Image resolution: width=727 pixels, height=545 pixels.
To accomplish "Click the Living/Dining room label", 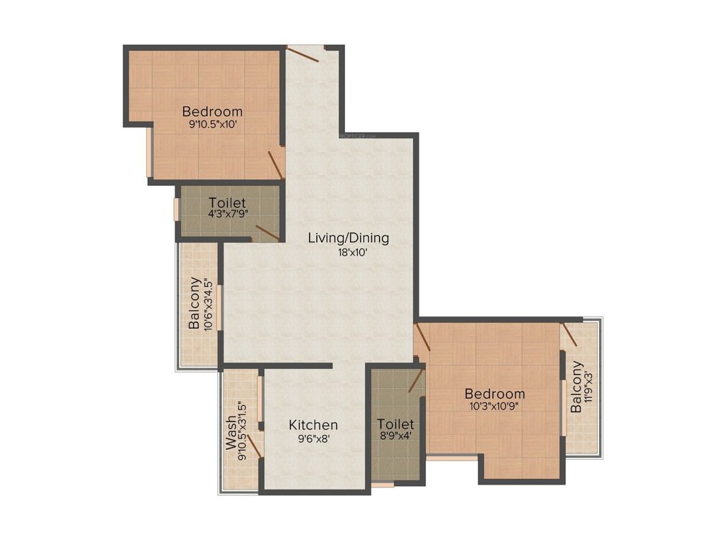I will click(x=348, y=238).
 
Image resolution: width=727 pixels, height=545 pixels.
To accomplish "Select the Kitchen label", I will click(x=313, y=425).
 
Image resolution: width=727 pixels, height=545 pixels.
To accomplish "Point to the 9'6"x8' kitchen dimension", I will click(x=313, y=439).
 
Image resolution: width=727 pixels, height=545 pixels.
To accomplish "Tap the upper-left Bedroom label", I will click(x=212, y=111).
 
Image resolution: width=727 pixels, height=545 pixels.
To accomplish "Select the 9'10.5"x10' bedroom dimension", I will click(x=212, y=124).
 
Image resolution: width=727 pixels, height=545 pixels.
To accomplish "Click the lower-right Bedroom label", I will click(x=495, y=394).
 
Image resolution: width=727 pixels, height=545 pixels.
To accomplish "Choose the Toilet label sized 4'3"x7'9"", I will click(x=227, y=202).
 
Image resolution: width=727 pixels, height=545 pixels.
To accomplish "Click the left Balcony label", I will click(x=194, y=303).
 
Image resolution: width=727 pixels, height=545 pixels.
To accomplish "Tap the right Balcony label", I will click(x=576, y=387).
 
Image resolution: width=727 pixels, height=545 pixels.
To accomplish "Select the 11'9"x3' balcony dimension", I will click(x=588, y=387).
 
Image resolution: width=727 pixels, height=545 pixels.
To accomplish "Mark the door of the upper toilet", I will click(x=267, y=232).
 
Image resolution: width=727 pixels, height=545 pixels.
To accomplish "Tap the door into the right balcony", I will click(x=569, y=339).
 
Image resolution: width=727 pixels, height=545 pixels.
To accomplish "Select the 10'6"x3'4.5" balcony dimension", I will click(x=206, y=303).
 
